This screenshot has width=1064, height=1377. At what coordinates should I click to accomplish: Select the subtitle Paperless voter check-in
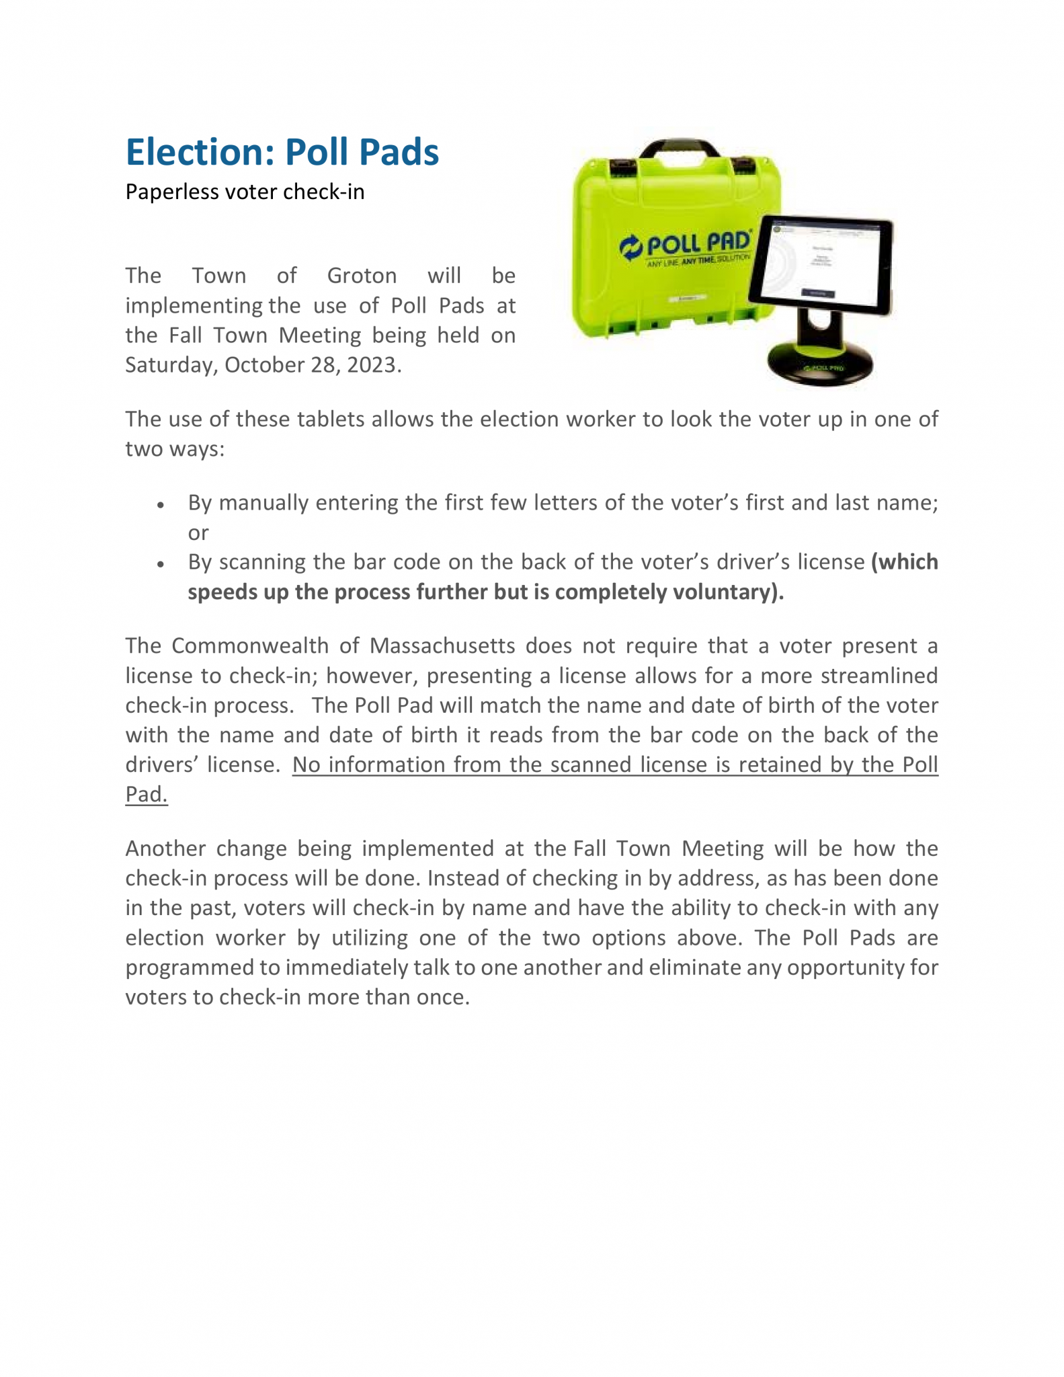[x=245, y=192]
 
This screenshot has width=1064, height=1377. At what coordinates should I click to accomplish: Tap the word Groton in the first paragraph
[x=362, y=276]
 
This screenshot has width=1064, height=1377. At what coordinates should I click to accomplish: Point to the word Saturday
[x=171, y=365]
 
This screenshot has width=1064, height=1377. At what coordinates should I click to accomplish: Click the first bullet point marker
[x=161, y=505]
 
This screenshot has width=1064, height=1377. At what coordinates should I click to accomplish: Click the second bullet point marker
[x=161, y=564]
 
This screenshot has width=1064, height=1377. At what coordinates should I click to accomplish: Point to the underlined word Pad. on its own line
[x=147, y=794]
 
